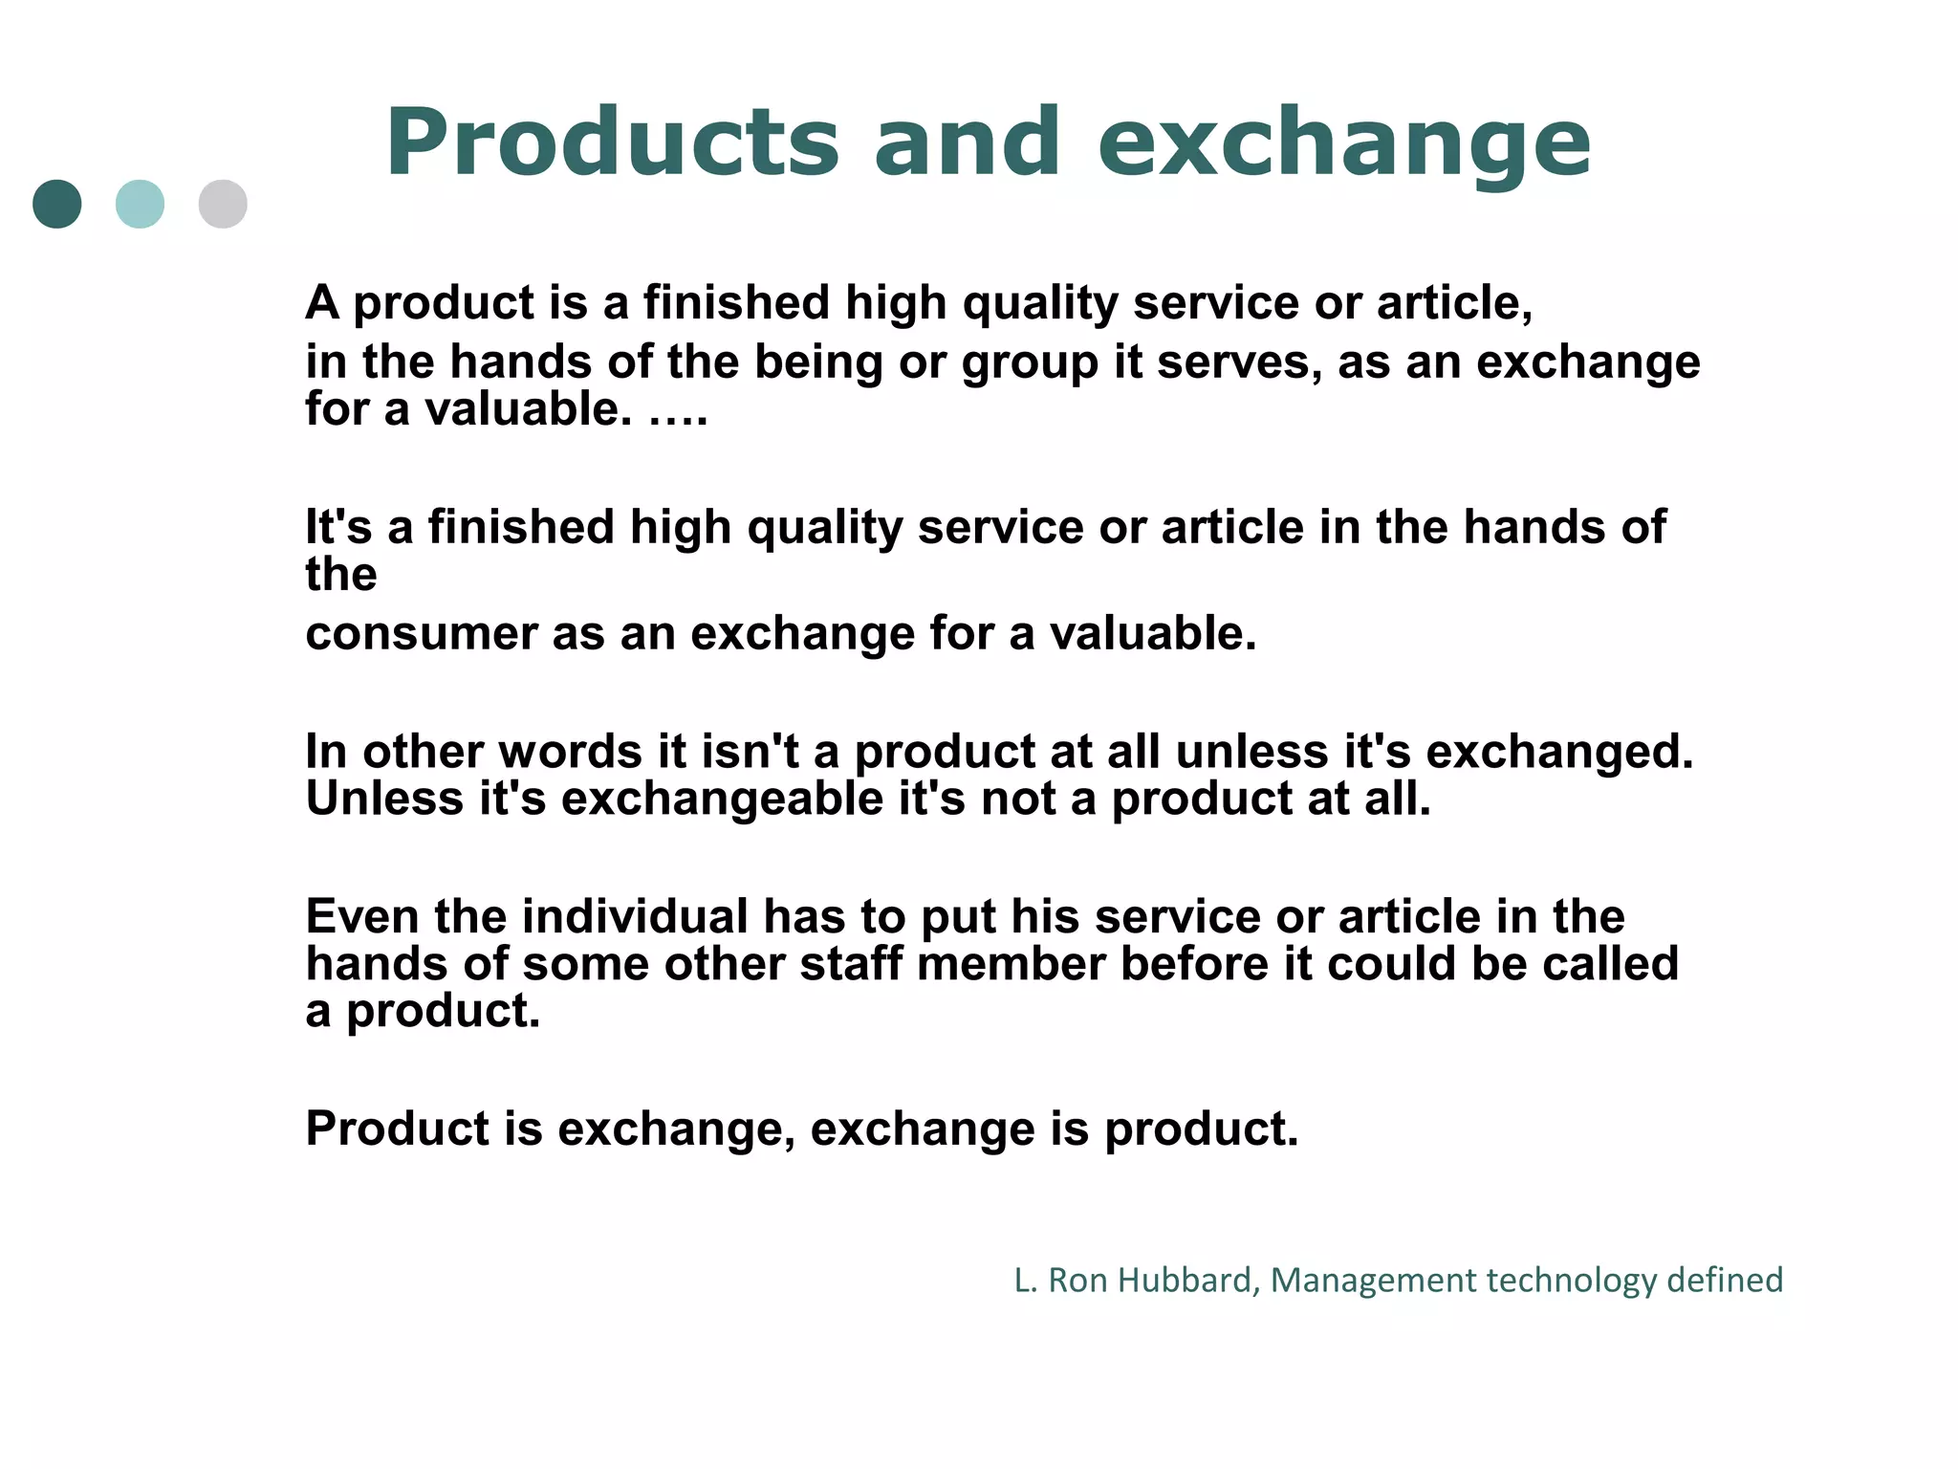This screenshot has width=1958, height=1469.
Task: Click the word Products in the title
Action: coord(612,143)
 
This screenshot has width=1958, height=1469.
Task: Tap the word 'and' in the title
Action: coord(967,143)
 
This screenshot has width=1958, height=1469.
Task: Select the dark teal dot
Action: coord(57,204)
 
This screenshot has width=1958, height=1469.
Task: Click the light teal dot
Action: coord(140,204)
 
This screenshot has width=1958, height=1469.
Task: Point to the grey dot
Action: coord(223,204)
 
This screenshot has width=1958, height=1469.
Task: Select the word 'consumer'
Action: coord(422,634)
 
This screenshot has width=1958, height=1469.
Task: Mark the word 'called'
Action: coord(1610,964)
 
